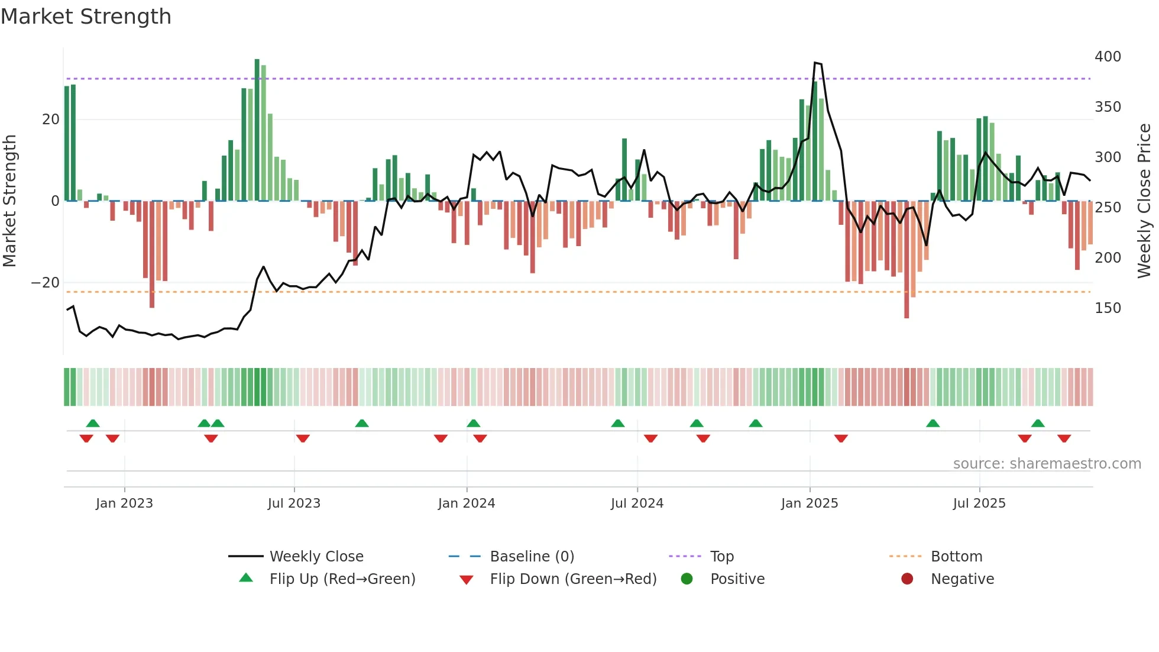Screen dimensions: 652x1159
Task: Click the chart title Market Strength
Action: tap(86, 17)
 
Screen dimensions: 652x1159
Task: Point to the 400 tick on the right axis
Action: tap(1108, 57)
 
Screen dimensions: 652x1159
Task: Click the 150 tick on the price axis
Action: tap(1108, 308)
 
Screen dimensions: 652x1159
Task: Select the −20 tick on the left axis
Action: tap(46, 283)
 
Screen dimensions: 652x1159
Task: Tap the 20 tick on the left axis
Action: tap(51, 120)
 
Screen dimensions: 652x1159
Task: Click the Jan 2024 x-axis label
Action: tap(467, 503)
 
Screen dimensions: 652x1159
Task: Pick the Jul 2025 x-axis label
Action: tap(979, 503)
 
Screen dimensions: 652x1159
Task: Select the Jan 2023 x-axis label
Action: tap(124, 503)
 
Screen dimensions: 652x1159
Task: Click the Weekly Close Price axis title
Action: tap(1144, 201)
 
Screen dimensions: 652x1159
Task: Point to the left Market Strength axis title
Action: tap(10, 201)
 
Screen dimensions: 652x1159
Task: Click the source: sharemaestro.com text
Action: tap(1047, 464)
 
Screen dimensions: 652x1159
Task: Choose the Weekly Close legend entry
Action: tap(316, 557)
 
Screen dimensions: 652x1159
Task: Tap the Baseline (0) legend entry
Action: tap(532, 557)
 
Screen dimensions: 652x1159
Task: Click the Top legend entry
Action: tap(721, 557)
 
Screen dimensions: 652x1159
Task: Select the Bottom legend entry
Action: tap(956, 557)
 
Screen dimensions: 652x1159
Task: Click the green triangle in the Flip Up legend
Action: tap(246, 578)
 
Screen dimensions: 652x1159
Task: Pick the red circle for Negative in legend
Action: tap(907, 579)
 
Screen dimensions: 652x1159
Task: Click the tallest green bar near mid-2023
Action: tap(257, 130)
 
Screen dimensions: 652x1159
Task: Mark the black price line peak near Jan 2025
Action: tap(815, 63)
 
